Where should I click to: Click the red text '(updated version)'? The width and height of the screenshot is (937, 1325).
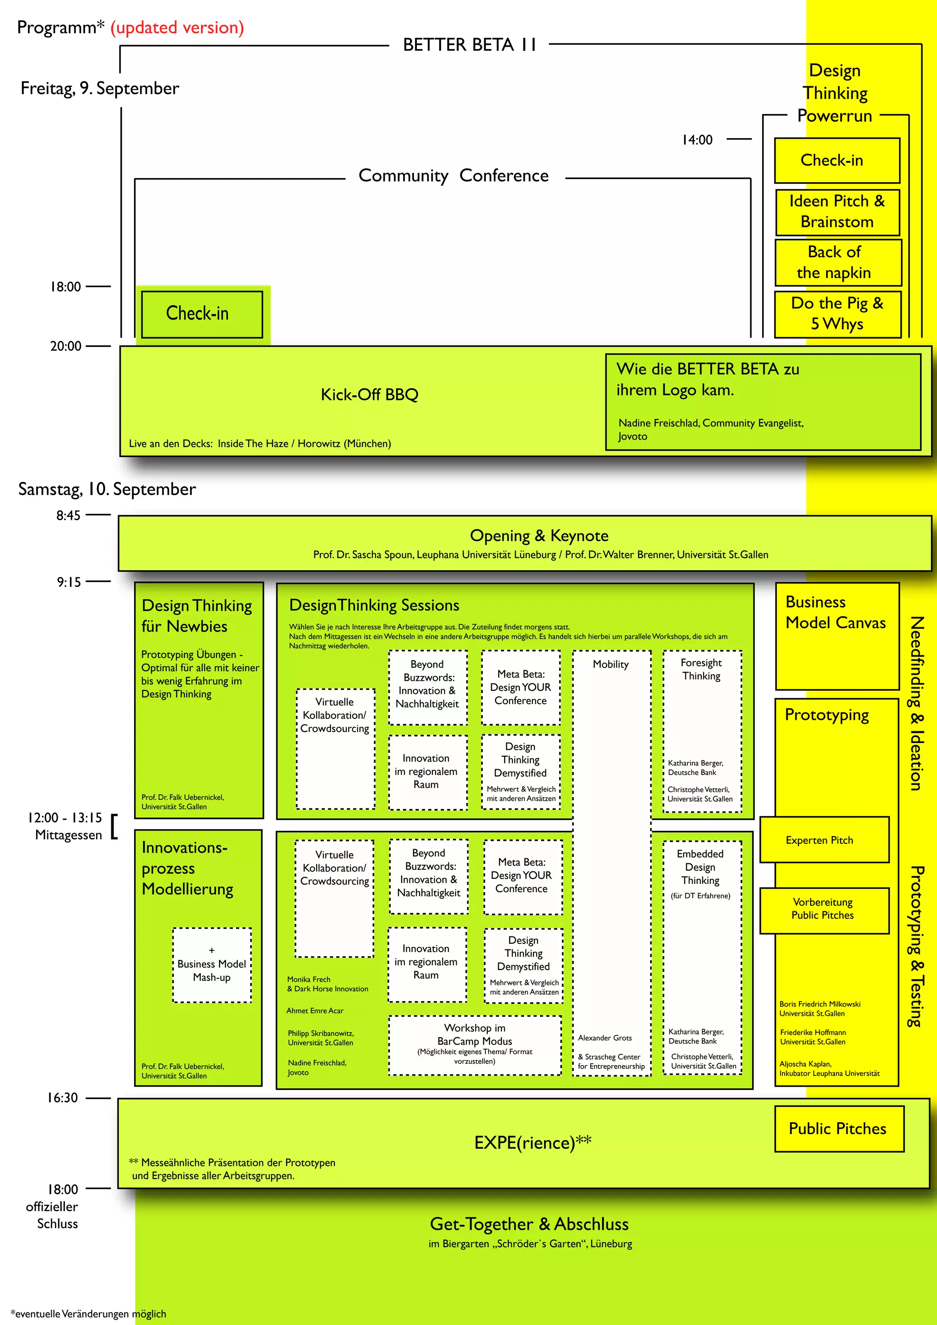click(x=177, y=28)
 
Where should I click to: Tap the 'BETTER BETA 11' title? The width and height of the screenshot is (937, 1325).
click(x=469, y=45)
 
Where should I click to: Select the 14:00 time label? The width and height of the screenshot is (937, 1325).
click(x=697, y=140)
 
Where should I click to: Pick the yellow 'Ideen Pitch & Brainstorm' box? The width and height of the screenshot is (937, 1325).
click(x=837, y=212)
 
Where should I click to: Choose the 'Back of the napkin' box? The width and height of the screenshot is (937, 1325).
click(x=837, y=263)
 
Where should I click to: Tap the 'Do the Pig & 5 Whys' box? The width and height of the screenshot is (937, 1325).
click(x=837, y=313)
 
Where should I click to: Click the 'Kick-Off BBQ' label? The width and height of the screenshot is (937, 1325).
click(x=369, y=395)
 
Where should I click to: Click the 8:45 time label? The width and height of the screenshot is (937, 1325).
click(x=68, y=515)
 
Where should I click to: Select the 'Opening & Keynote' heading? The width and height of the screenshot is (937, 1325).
click(x=539, y=536)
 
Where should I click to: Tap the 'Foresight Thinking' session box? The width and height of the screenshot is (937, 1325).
click(x=701, y=731)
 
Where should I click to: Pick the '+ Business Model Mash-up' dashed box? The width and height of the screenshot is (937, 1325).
click(x=212, y=964)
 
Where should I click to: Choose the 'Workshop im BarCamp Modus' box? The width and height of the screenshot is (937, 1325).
click(x=474, y=1045)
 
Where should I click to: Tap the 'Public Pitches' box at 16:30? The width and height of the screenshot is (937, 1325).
click(x=838, y=1129)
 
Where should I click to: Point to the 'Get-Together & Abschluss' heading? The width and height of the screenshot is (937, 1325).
click(x=529, y=1224)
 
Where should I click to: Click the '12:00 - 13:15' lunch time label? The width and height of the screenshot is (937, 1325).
click(x=65, y=818)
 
